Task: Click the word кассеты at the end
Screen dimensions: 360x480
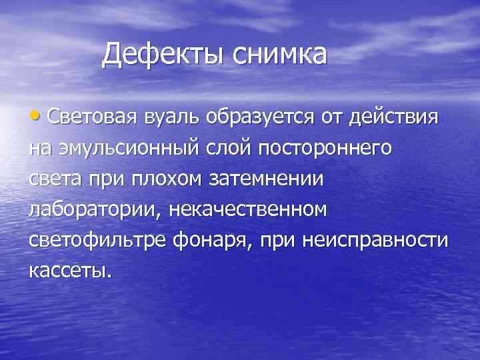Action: point(67,271)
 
